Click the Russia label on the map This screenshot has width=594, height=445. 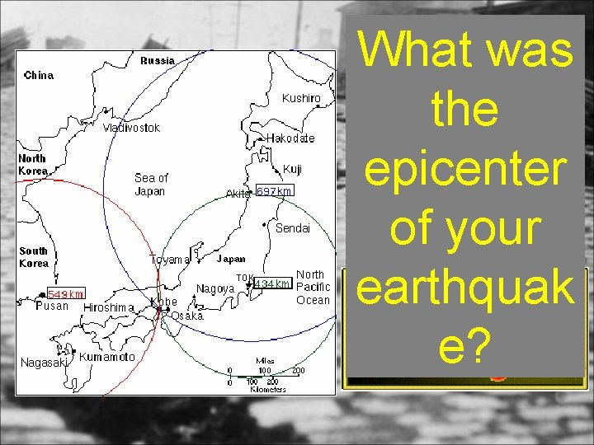tap(157, 60)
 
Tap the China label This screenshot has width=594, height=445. tap(39, 75)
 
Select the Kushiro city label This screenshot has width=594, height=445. tap(301, 98)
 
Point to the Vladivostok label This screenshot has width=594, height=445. tap(131, 128)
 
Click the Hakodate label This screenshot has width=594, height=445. tap(290, 138)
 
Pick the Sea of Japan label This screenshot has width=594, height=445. tap(150, 185)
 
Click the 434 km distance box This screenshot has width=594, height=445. tap(272, 284)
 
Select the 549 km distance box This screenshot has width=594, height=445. tap(65, 293)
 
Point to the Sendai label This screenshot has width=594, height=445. tap(292, 228)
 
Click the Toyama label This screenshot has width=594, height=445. tap(169, 260)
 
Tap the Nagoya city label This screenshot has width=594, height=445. tap(214, 289)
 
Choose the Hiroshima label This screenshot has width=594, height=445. tap(109, 308)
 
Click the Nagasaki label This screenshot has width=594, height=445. tap(43, 363)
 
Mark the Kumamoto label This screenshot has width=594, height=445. tap(106, 358)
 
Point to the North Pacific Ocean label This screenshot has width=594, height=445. tap(313, 287)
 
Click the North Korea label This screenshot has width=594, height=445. tap(32, 164)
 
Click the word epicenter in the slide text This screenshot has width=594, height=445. tap(464, 169)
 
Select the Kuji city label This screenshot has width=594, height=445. tap(292, 169)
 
